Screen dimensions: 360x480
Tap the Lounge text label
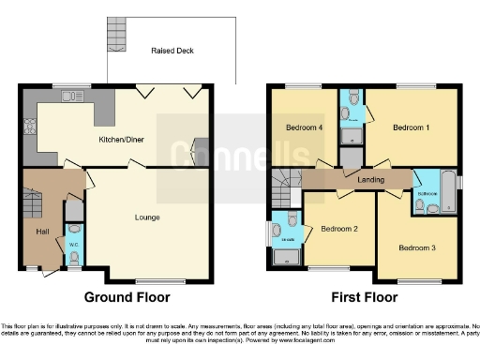(146, 217)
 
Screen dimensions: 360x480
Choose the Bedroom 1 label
(411, 127)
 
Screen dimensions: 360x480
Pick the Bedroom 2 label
(338, 228)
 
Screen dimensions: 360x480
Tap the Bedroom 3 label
(416, 248)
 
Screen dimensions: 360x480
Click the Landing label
(360, 179)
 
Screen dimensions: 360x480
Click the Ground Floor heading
(127, 297)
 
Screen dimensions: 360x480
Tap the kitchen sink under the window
(71, 96)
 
